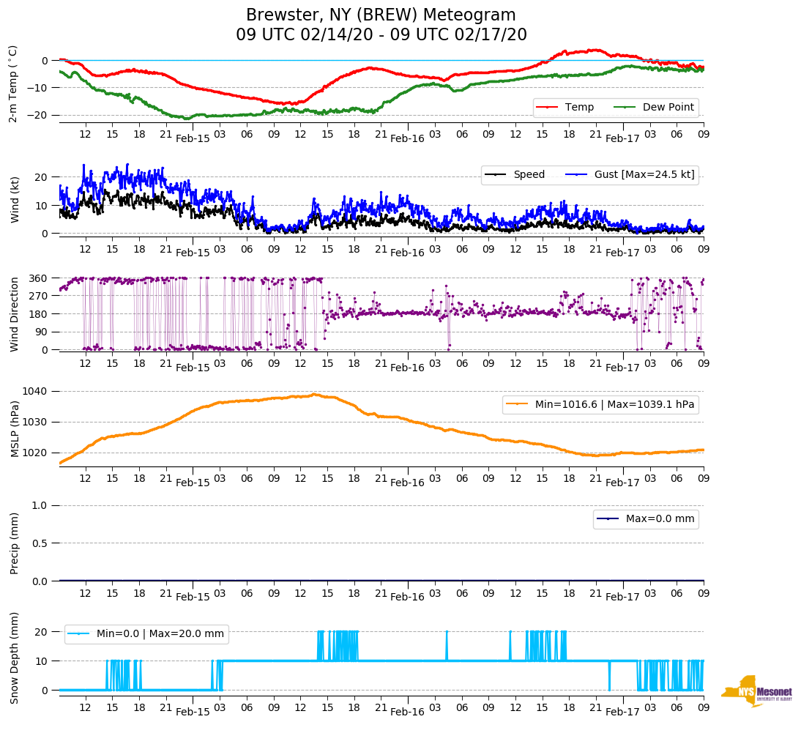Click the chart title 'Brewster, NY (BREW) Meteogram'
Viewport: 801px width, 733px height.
[x=381, y=15]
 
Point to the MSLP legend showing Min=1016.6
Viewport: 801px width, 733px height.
[x=600, y=404]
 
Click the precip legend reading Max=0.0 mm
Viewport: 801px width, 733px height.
[x=645, y=519]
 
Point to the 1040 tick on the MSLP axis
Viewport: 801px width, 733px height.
[x=40, y=391]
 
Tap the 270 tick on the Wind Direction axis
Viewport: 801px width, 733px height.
[x=38, y=296]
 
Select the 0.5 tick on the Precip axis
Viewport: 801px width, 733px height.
[x=41, y=543]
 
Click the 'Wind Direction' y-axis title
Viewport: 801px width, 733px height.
[x=15, y=314]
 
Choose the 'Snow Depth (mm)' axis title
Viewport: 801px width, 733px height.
[x=15, y=658]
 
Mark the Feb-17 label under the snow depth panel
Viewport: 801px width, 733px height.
[x=622, y=712]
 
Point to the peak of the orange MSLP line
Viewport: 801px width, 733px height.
[x=314, y=395]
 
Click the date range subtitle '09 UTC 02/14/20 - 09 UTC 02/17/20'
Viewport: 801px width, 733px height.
[x=381, y=35]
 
